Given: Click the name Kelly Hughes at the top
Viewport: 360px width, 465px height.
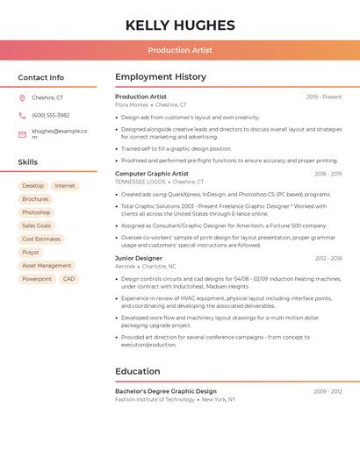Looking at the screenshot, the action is pyautogui.click(x=180, y=25).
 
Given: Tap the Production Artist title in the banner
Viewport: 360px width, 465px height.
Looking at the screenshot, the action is pyautogui.click(x=180, y=50).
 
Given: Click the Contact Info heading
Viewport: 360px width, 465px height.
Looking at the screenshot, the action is pyautogui.click(x=41, y=77).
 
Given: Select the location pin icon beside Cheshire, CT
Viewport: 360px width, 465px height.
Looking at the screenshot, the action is pyautogui.click(x=22, y=97).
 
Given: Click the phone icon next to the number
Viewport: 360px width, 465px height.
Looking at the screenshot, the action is pyautogui.click(x=22, y=115).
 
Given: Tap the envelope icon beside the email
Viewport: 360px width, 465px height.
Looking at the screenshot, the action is pyautogui.click(x=22, y=133).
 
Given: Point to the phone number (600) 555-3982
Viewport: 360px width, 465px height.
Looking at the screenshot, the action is pyautogui.click(x=50, y=115).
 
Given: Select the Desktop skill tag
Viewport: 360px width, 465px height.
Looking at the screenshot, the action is pyautogui.click(x=33, y=186).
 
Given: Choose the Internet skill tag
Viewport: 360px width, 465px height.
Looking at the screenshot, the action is pyautogui.click(x=65, y=186).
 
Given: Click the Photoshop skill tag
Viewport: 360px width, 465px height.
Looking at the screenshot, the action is pyautogui.click(x=36, y=212).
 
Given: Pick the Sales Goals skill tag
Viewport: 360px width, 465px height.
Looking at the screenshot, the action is pyautogui.click(x=36, y=225).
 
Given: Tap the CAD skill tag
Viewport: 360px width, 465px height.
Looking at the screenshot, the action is pyautogui.click(x=68, y=279).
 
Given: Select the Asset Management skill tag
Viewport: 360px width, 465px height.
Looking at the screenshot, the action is pyautogui.click(x=47, y=265).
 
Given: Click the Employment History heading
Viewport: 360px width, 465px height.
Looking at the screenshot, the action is pyautogui.click(x=161, y=77).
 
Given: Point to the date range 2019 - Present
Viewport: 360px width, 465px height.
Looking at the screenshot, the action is pyautogui.click(x=324, y=97).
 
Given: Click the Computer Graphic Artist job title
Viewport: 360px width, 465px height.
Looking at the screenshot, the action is pyautogui.click(x=152, y=174).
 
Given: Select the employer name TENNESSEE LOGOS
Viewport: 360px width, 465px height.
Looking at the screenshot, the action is pyautogui.click(x=140, y=182).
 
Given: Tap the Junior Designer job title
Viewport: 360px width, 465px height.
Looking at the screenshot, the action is pyautogui.click(x=139, y=258).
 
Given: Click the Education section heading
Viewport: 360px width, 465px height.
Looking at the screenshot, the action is pyautogui.click(x=138, y=371).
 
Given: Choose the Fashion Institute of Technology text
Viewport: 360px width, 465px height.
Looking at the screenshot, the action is pyautogui.click(x=155, y=399).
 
